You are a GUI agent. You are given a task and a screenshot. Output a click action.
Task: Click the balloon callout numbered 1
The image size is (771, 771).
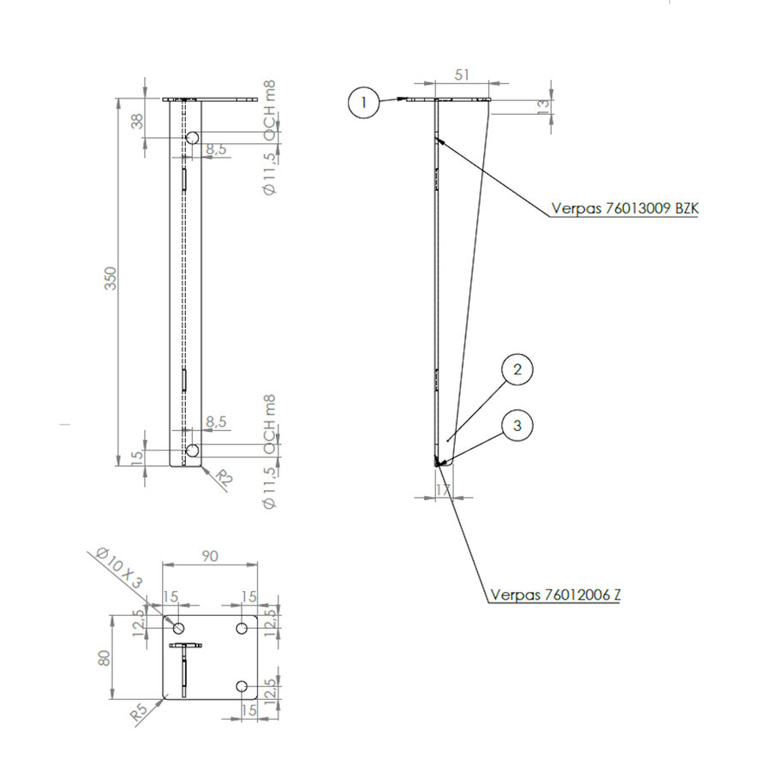pyautogui.click(x=364, y=103)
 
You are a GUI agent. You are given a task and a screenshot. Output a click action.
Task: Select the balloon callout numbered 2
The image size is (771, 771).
pyautogui.click(x=517, y=370)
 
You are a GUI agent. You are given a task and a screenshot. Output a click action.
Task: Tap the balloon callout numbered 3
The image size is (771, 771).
pyautogui.click(x=517, y=424)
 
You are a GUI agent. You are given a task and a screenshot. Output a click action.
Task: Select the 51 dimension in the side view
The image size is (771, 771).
pyautogui.click(x=462, y=75)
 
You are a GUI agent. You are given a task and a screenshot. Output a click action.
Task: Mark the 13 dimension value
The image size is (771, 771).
pyautogui.click(x=541, y=105)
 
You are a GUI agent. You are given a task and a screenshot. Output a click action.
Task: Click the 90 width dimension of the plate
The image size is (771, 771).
pyautogui.click(x=210, y=556)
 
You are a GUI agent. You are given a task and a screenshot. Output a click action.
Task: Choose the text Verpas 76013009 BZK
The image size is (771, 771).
pyautogui.click(x=624, y=208)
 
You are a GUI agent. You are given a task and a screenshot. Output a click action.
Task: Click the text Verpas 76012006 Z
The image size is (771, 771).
pyautogui.click(x=554, y=595)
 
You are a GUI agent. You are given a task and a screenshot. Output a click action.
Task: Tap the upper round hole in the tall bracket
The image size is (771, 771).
pyautogui.click(x=193, y=137)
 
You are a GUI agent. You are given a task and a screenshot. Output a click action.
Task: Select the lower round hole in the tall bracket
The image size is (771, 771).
pyautogui.click(x=193, y=451)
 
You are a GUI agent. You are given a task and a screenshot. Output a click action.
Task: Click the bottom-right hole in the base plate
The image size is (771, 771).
pyautogui.click(x=242, y=686)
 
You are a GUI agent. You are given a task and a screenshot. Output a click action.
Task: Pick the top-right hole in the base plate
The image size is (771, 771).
pyautogui.click(x=242, y=628)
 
